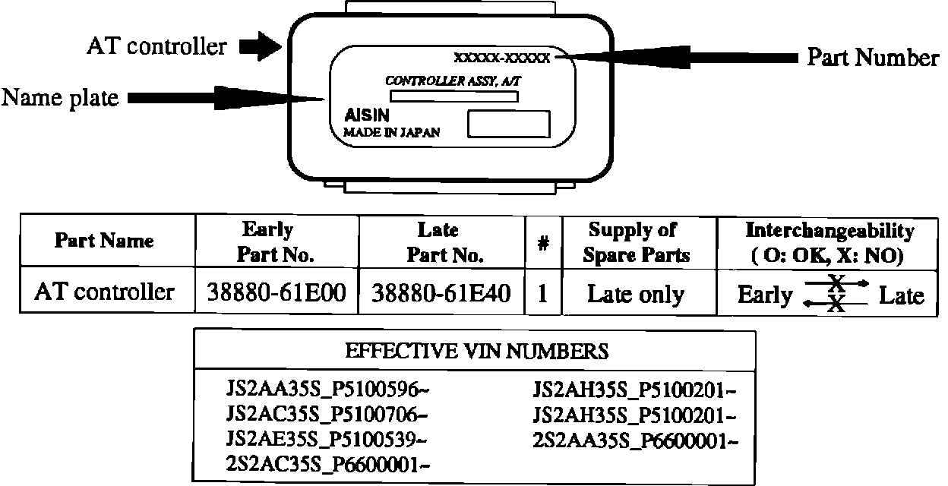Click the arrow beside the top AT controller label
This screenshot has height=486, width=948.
pyautogui.click(x=260, y=47)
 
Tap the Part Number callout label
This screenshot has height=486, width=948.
pyautogui.click(x=872, y=58)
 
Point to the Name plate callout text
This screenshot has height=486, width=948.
pyautogui.click(x=60, y=98)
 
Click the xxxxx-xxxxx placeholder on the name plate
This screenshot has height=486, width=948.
pyautogui.click(x=501, y=58)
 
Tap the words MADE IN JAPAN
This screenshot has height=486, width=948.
pyautogui.click(x=392, y=131)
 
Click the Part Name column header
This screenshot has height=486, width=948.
pyautogui.click(x=104, y=241)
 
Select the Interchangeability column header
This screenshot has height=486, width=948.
pyautogui.click(x=829, y=242)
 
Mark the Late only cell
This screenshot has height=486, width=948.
pyautogui.click(x=636, y=294)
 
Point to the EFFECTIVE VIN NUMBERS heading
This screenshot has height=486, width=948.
pyautogui.click(x=476, y=352)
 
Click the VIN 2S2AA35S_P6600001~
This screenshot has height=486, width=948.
pyautogui.click(x=635, y=440)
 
